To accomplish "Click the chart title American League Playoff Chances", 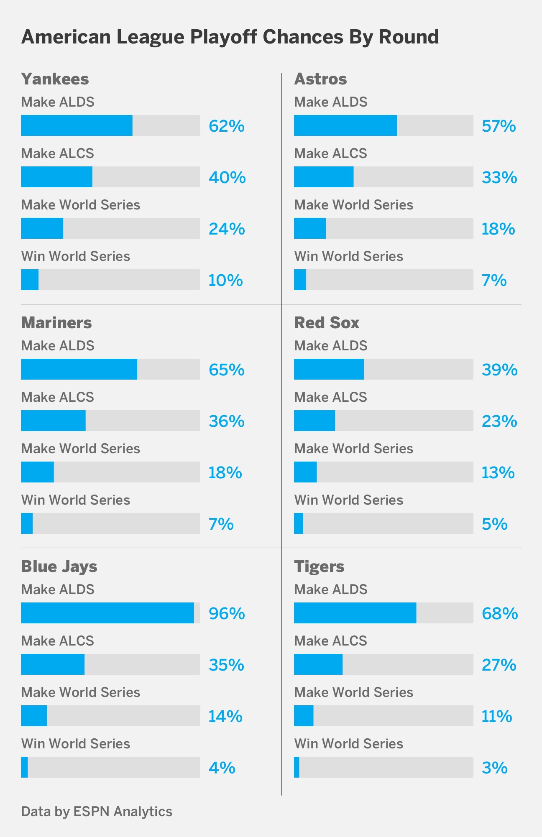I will point(230,37).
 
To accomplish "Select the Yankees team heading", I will point(55,79).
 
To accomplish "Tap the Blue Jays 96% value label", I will point(227,613).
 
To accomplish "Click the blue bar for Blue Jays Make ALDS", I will point(107,613).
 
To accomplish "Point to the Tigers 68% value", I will point(500,613).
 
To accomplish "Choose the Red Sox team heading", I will point(327,323).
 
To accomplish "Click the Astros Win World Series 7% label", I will point(494,280).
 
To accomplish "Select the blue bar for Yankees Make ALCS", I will point(56,177).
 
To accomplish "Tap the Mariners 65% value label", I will point(227,370).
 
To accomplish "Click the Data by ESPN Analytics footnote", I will point(97,811).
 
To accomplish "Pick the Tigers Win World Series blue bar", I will point(297,767).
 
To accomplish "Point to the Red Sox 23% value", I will point(499,421).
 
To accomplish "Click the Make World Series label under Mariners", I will point(81,449).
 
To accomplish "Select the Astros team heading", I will point(320,79).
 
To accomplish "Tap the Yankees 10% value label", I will point(225,280).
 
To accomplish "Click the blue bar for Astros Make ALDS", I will point(345,125).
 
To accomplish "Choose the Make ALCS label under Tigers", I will point(330,641).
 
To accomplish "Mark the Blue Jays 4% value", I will point(222,768).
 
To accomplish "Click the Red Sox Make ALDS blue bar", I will point(329,369).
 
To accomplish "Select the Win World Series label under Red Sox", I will point(348,500).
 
